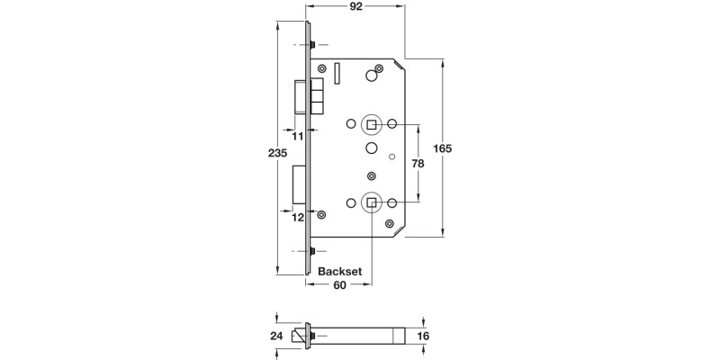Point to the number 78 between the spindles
tap(417, 164)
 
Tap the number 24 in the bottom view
tap(277, 336)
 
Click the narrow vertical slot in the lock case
tap(336, 71)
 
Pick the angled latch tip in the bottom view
tap(302, 336)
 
